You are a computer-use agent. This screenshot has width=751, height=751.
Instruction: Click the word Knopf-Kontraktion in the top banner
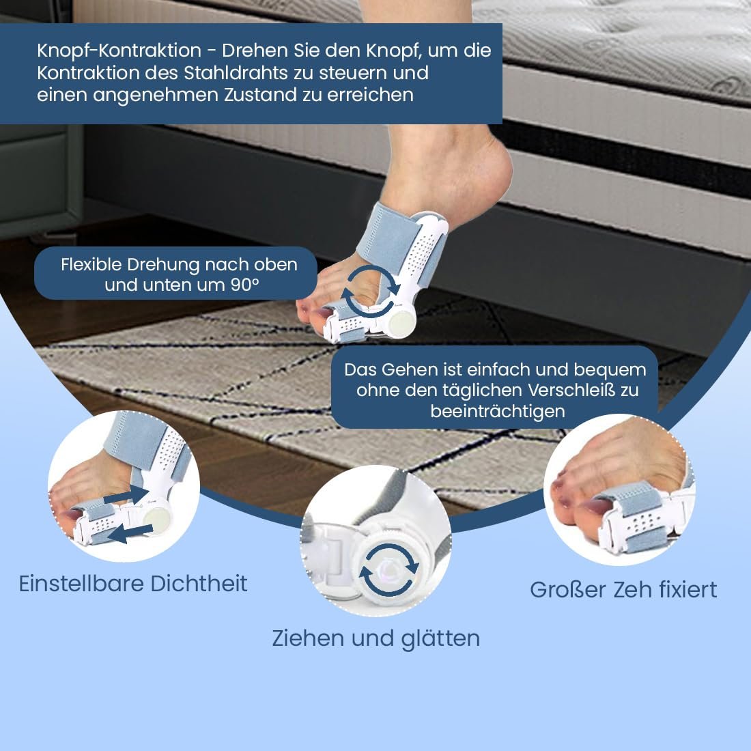pos(119,51)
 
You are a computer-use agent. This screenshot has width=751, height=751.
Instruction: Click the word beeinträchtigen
pos(498,411)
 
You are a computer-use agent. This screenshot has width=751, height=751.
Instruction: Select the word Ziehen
pos(308,639)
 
